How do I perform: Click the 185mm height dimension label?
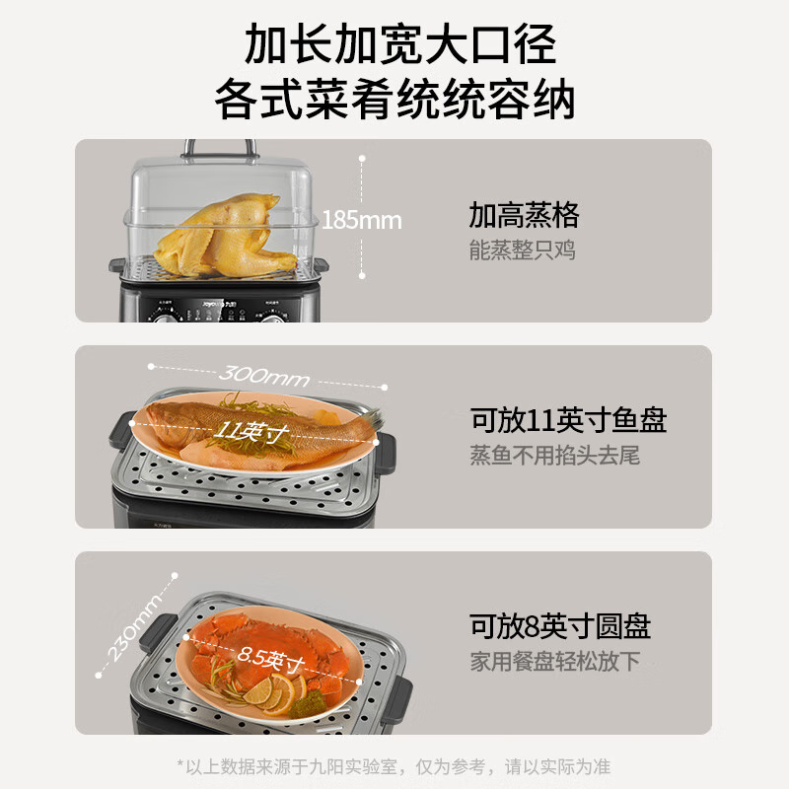[361, 220]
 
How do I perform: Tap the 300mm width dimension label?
[264, 376]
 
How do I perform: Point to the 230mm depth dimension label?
[135, 626]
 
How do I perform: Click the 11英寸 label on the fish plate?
[252, 431]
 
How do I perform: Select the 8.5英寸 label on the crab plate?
[271, 658]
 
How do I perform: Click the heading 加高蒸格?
[524, 215]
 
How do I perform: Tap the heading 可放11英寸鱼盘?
[569, 420]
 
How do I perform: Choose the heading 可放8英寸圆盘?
[560, 626]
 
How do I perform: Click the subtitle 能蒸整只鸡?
[523, 251]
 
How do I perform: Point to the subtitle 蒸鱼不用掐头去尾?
[554, 456]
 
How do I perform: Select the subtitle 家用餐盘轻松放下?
[554, 661]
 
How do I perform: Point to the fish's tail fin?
[371, 418]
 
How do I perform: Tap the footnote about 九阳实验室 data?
[394, 767]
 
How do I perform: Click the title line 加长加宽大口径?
[400, 43]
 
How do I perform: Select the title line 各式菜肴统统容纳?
[395, 99]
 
